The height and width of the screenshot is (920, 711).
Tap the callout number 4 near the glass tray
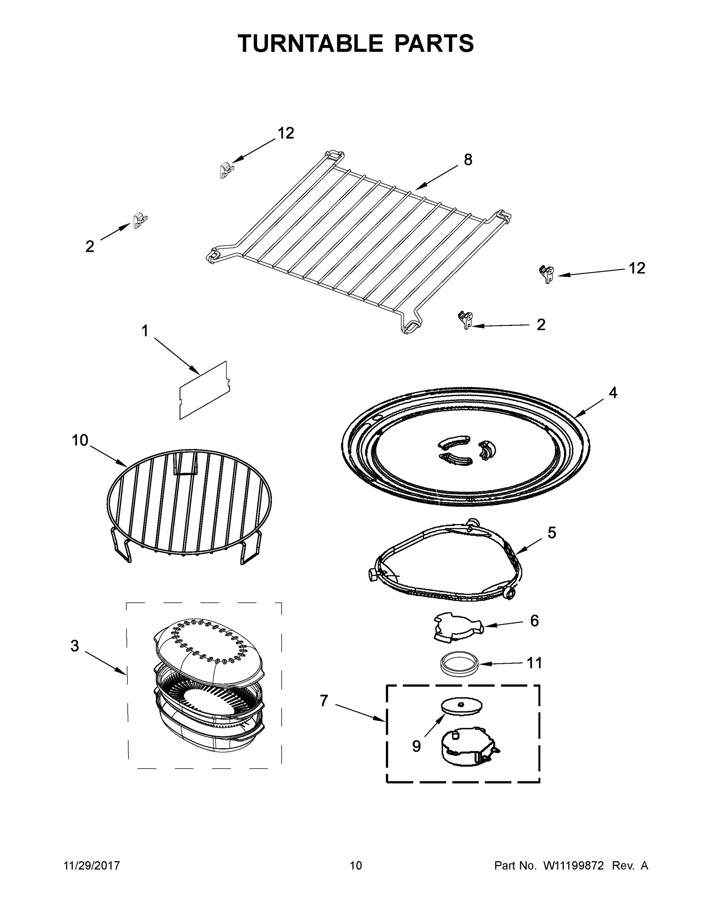[x=613, y=393]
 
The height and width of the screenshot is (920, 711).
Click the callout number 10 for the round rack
[x=80, y=440]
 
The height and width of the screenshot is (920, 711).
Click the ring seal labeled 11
[x=459, y=664]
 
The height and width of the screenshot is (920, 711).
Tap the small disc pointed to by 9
[x=461, y=705]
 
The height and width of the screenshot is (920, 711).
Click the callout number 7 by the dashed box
[x=323, y=700]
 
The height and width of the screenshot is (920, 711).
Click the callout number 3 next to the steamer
[x=75, y=646]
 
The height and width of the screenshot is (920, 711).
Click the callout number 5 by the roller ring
[x=552, y=532]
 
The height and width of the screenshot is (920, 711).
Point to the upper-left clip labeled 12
[x=226, y=170]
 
